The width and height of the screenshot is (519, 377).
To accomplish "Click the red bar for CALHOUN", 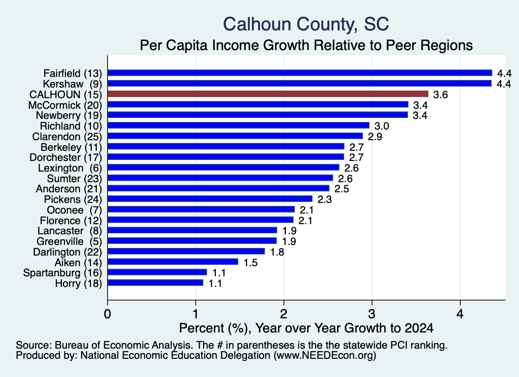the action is tap(268, 94).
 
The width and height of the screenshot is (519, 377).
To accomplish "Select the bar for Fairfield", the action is tap(300, 73).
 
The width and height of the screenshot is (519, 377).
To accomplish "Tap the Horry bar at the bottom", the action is tap(155, 283).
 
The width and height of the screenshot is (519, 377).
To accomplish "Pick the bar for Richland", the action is tap(238, 125).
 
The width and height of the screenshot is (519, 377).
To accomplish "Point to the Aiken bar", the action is tap(173, 262).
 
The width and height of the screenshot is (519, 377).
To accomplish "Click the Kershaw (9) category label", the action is tap(72, 84).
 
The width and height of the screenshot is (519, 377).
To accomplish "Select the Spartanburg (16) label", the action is tap(62, 273).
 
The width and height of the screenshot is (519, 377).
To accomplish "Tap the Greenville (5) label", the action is tap(69, 241).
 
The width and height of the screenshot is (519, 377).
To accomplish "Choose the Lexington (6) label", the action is tap(70, 168).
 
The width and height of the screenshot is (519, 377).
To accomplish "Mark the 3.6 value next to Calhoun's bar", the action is tap(440, 95).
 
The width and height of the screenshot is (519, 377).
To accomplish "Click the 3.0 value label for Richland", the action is tap(382, 126).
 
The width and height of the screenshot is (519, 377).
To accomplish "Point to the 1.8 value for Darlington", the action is tap(277, 252).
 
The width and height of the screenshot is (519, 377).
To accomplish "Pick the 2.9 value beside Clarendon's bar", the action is tap(375, 137).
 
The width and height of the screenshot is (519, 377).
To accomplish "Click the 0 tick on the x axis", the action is tap(107, 314).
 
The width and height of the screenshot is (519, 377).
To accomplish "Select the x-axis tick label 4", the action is tap(460, 314).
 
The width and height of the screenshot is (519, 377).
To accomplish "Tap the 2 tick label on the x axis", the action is tap(284, 314).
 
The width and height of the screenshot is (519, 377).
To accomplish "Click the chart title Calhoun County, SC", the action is tap(306, 24).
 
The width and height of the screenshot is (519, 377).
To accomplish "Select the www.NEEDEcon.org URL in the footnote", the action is tap(324, 356).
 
